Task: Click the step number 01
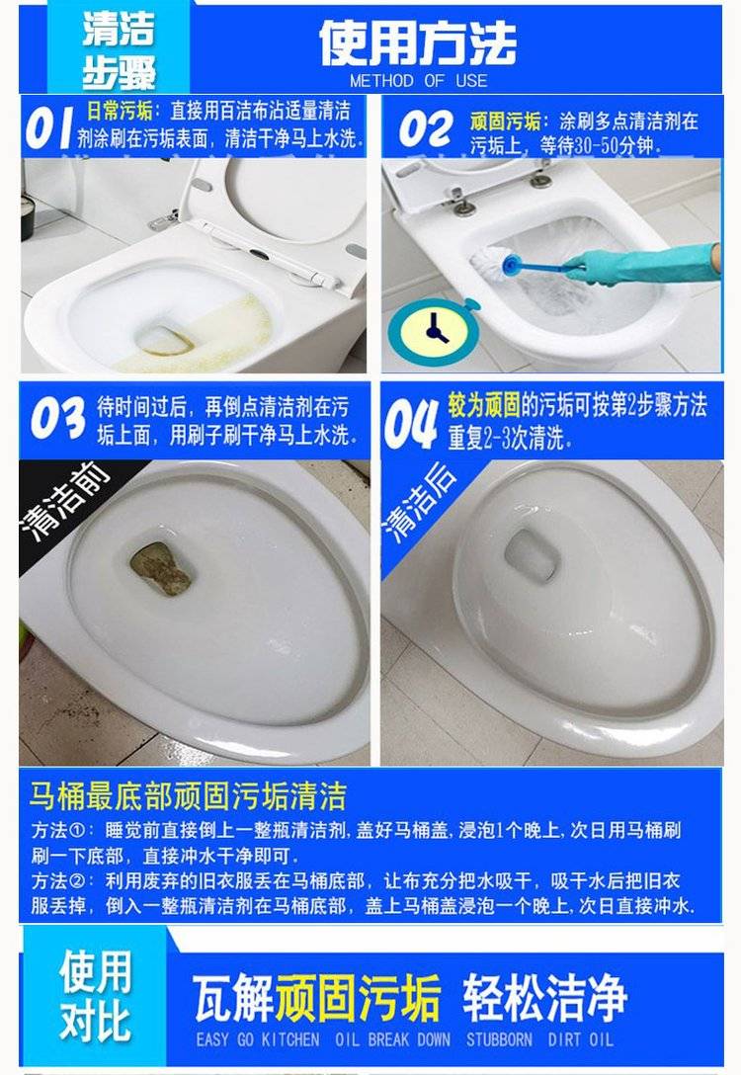tap(48, 127)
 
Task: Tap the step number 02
tap(426, 129)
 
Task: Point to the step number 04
tap(411, 424)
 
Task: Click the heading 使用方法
tap(418, 43)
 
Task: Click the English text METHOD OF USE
tap(418, 81)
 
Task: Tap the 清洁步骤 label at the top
tap(120, 50)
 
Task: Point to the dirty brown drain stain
tap(160, 568)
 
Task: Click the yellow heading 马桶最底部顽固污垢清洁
tap(188, 795)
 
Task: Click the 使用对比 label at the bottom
tap(95, 996)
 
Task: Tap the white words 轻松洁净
tap(544, 998)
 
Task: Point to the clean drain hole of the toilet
tap(532, 554)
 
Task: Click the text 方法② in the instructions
tap(58, 881)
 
